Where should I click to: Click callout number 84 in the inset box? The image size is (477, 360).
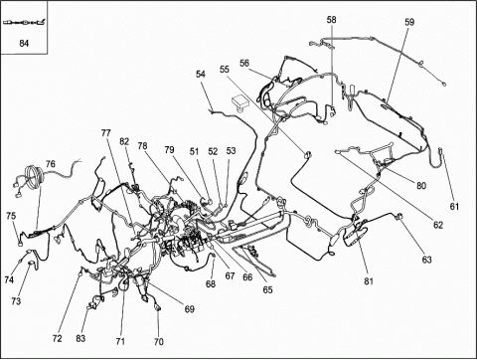click(x=24, y=44)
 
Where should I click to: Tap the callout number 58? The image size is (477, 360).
click(x=331, y=20)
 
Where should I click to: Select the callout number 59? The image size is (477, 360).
click(x=409, y=22)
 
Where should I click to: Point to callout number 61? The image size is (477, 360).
click(x=454, y=207)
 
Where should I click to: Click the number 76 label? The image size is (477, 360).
click(x=51, y=164)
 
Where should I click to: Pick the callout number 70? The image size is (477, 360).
click(x=159, y=341)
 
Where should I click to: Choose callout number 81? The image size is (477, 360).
click(x=369, y=281)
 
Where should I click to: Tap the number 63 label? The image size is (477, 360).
click(x=427, y=260)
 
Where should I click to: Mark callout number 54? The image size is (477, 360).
click(x=201, y=74)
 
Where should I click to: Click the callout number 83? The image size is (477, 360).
click(x=80, y=338)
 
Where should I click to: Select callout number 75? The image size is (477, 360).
click(x=11, y=216)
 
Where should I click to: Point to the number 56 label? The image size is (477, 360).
click(x=244, y=63)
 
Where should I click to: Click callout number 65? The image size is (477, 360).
click(x=267, y=289)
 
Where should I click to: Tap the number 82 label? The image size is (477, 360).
click(x=124, y=141)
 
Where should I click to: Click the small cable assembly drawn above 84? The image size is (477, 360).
click(x=24, y=23)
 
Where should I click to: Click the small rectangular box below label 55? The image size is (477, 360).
click(x=240, y=101)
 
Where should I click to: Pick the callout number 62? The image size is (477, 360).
click(x=438, y=225)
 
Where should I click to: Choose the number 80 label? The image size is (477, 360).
click(x=421, y=186)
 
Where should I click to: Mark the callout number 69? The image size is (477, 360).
click(x=189, y=309)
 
